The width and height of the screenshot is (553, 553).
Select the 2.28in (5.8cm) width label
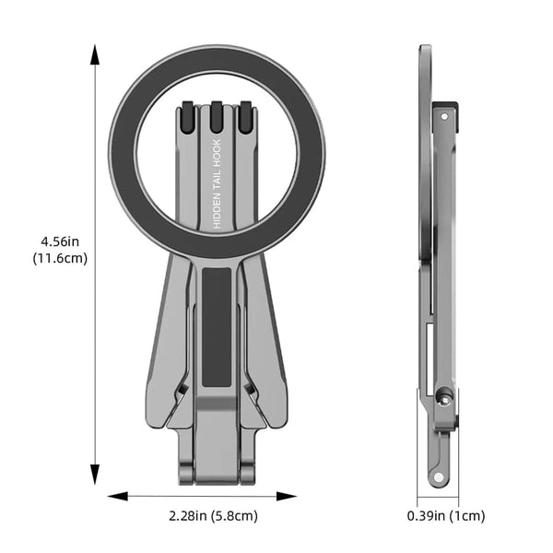pos(214,516)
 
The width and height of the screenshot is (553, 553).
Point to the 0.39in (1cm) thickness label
pos(446,516)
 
